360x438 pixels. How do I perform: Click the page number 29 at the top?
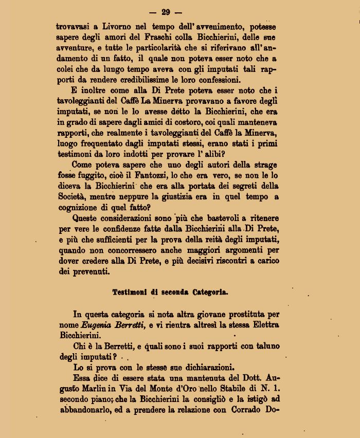click(165, 12)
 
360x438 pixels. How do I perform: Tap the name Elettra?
click(262, 325)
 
